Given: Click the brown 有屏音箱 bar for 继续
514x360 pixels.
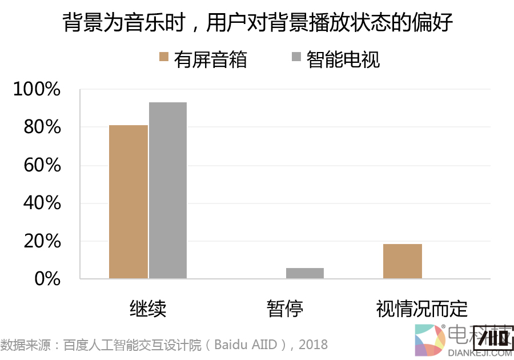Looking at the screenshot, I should tap(128, 202).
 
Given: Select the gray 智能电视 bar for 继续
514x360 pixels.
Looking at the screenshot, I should tap(168, 190).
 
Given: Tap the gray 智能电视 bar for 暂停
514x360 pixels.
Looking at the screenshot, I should tap(305, 273).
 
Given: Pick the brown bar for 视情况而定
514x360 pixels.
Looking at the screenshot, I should tap(403, 261).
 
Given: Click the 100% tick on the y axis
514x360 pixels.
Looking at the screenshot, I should tap(37, 90).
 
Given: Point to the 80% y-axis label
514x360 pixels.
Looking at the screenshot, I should tap(41, 127).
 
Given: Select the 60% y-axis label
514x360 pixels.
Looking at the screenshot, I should tap(41, 166).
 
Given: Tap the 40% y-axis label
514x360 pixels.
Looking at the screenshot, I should tap(41, 203).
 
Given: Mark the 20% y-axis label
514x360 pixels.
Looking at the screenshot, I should tap(41, 242).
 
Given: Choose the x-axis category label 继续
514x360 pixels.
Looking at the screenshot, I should tap(148, 309).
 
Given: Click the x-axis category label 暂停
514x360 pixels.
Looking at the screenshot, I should tap(285, 309).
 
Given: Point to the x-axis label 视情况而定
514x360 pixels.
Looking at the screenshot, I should tap(422, 309).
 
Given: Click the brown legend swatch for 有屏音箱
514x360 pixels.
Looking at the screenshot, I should tap(164, 57).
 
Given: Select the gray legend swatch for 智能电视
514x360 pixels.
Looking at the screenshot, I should tap(296, 57).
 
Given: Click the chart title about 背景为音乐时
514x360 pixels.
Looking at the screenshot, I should tap(257, 23).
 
